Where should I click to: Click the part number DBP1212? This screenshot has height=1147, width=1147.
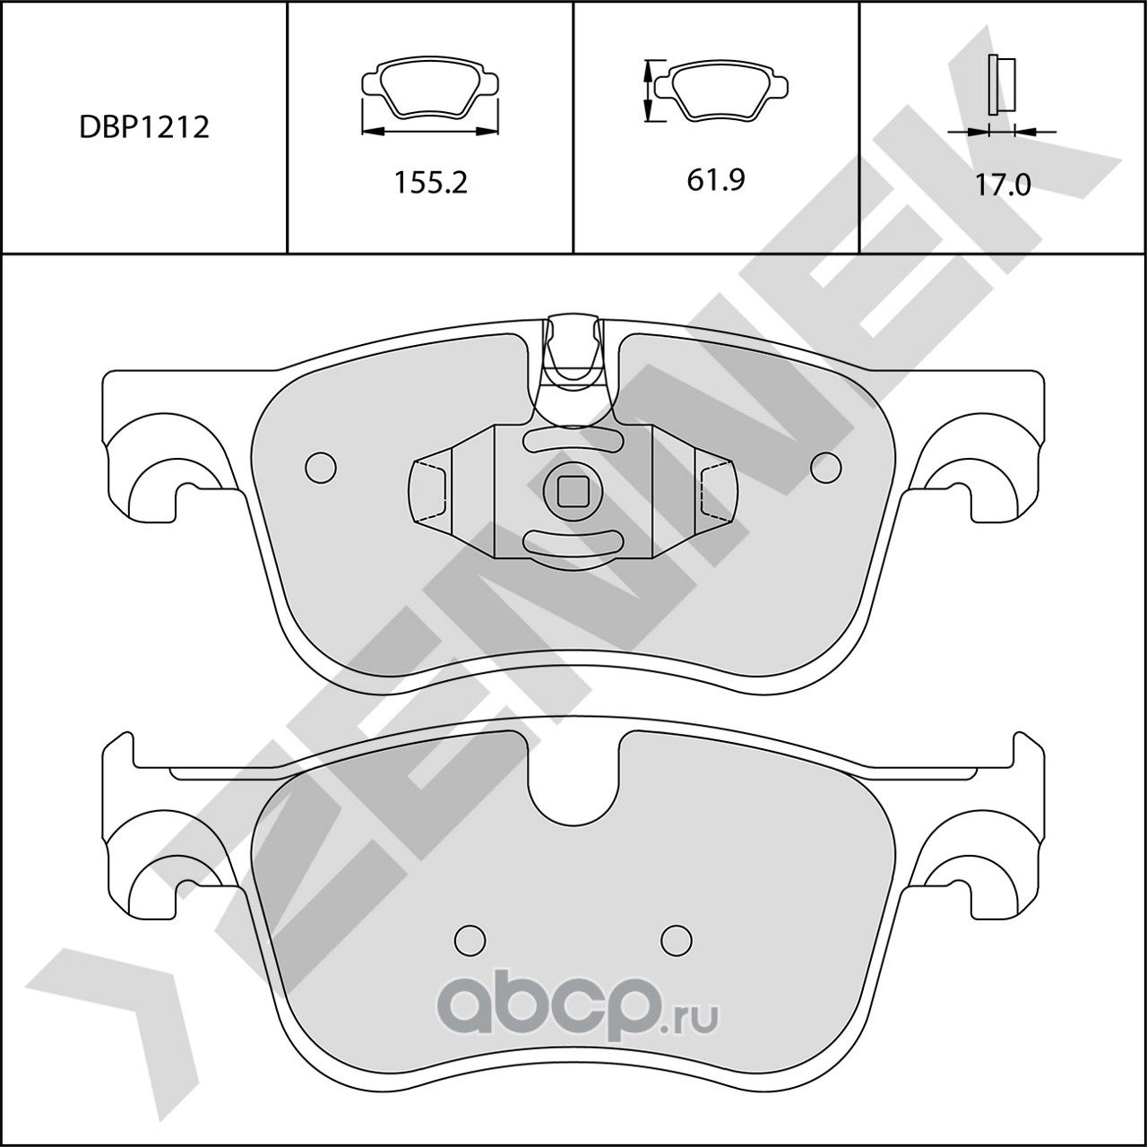coord(143,127)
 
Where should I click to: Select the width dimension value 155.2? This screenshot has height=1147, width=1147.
coord(431,183)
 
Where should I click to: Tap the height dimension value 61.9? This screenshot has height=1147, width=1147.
coord(716,180)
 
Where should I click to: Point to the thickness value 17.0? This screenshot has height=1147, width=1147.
coord(1003,185)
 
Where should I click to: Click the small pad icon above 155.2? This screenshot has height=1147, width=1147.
coord(430,88)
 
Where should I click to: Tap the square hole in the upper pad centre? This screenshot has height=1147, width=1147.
coord(572,488)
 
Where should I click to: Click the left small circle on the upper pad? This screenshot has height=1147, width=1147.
coord(320,466)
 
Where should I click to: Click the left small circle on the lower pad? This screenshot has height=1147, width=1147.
coord(470,938)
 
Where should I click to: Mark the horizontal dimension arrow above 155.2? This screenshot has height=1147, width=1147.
coord(430,132)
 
